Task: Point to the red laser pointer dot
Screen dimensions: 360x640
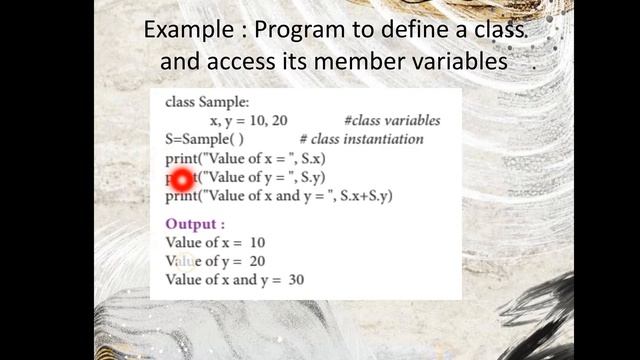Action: (x=182, y=179)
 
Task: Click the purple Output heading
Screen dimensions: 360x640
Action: (x=195, y=224)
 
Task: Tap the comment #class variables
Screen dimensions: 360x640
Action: (x=391, y=121)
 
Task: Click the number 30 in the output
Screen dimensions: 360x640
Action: (x=296, y=280)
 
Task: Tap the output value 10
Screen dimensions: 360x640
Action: (x=257, y=243)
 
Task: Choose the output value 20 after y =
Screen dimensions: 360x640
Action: (x=257, y=261)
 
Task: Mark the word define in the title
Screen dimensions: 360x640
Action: (x=402, y=30)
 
